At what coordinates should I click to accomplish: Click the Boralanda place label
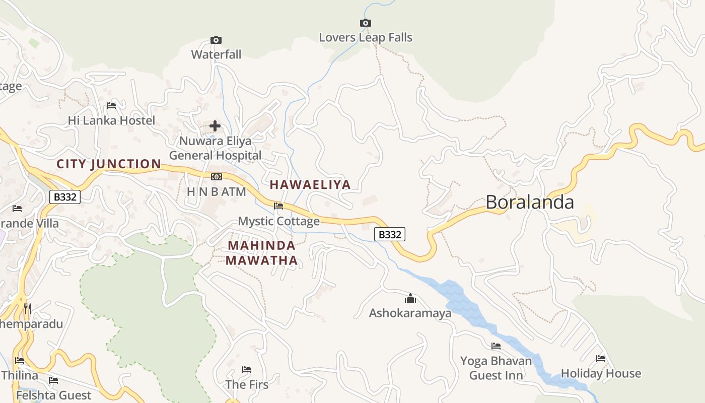point(529,202)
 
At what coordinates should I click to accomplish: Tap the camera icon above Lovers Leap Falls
point(366,23)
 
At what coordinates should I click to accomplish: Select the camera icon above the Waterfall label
point(216,40)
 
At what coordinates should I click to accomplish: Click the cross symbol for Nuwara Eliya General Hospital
point(215,125)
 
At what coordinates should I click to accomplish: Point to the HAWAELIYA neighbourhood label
point(310,184)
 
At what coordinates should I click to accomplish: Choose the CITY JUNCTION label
point(109,164)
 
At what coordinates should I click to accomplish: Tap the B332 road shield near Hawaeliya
point(390,234)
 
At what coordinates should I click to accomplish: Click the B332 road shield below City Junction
point(65,197)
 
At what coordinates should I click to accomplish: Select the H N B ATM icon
point(217,177)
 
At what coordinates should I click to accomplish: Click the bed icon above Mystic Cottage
point(278,206)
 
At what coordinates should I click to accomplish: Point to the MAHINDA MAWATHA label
point(261,253)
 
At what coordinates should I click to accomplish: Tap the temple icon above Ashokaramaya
point(410,298)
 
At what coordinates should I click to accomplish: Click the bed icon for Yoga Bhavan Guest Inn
point(496,346)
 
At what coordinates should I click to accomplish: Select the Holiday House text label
point(601,374)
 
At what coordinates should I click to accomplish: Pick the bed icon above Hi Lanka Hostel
point(111,106)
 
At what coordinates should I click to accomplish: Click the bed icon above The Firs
point(247,370)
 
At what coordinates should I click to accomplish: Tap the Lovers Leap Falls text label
point(366,38)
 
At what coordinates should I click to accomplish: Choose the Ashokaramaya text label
point(410,313)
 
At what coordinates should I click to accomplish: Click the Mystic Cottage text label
point(278,221)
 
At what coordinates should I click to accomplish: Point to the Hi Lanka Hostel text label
point(111,121)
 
